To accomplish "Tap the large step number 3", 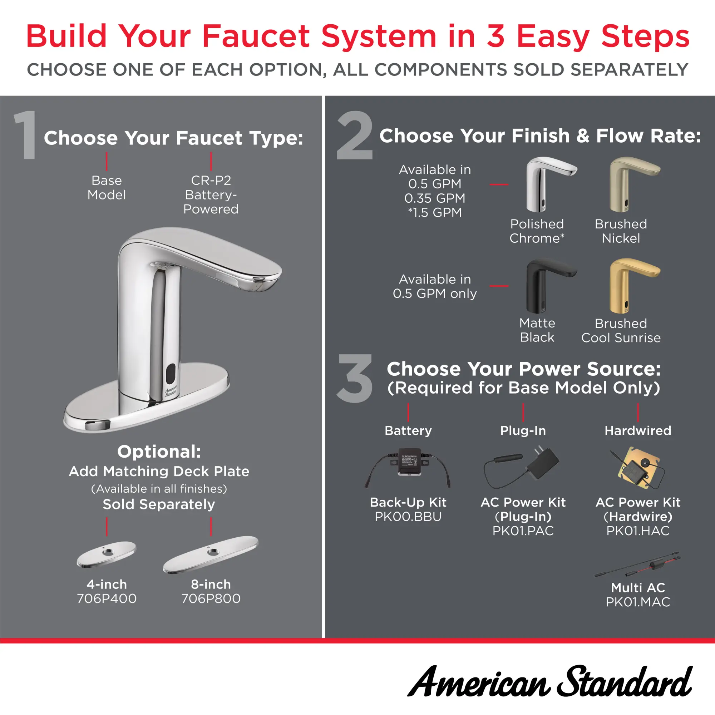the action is coord(354,378).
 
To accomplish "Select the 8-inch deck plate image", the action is coord(211,554).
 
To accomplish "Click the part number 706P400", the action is coord(107,598).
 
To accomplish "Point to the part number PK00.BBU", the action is coord(408,516).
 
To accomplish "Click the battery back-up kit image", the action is coord(408,467).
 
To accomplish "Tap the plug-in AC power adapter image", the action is coord(522,467).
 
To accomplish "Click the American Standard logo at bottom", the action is coord(549,681).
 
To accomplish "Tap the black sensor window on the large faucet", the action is coord(171,374).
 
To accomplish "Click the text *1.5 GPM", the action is coord(435,212).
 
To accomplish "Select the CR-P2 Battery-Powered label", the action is coord(211,195).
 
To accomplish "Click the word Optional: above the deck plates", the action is coord(159,452).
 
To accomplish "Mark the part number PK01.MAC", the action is coord(638,602).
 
